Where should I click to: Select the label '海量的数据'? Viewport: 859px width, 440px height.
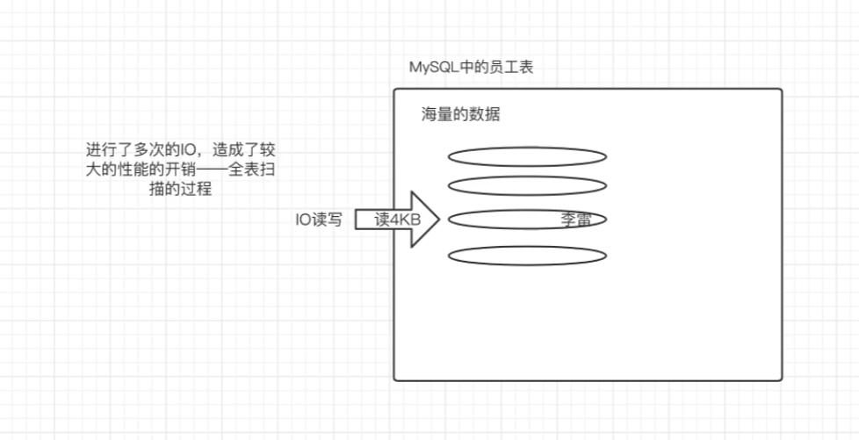(460, 115)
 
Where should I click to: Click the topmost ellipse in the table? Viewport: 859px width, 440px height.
(526, 156)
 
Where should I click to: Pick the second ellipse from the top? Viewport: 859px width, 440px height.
(526, 185)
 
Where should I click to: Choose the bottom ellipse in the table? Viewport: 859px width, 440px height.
(526, 256)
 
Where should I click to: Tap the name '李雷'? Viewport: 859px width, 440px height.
(575, 220)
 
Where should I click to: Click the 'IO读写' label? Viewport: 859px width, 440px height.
(318, 220)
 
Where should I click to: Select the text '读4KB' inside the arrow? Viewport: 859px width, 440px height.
(397, 220)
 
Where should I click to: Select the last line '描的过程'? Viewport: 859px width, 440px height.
(180, 188)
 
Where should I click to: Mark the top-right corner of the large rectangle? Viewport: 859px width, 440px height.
(781, 90)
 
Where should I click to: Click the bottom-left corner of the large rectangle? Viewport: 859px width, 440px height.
(394, 379)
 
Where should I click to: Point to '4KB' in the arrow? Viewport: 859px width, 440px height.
(406, 220)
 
